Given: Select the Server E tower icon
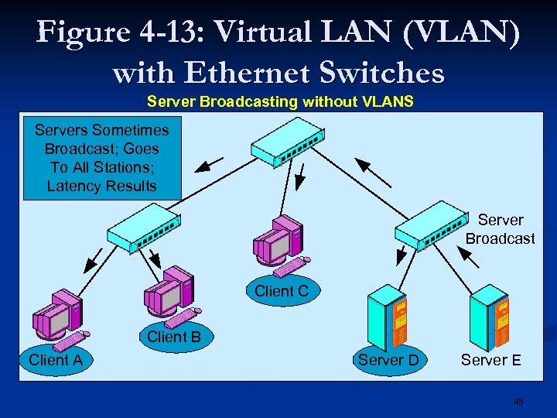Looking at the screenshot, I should click(x=490, y=317).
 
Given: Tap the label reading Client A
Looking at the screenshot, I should click(x=55, y=359).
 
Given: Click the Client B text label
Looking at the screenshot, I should click(x=174, y=337).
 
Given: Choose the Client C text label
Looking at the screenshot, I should click(x=282, y=291).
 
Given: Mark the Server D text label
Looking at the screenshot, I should click(x=388, y=360).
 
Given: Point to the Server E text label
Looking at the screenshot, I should click(x=490, y=360).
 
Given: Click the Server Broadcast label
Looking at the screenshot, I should click(x=500, y=229).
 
